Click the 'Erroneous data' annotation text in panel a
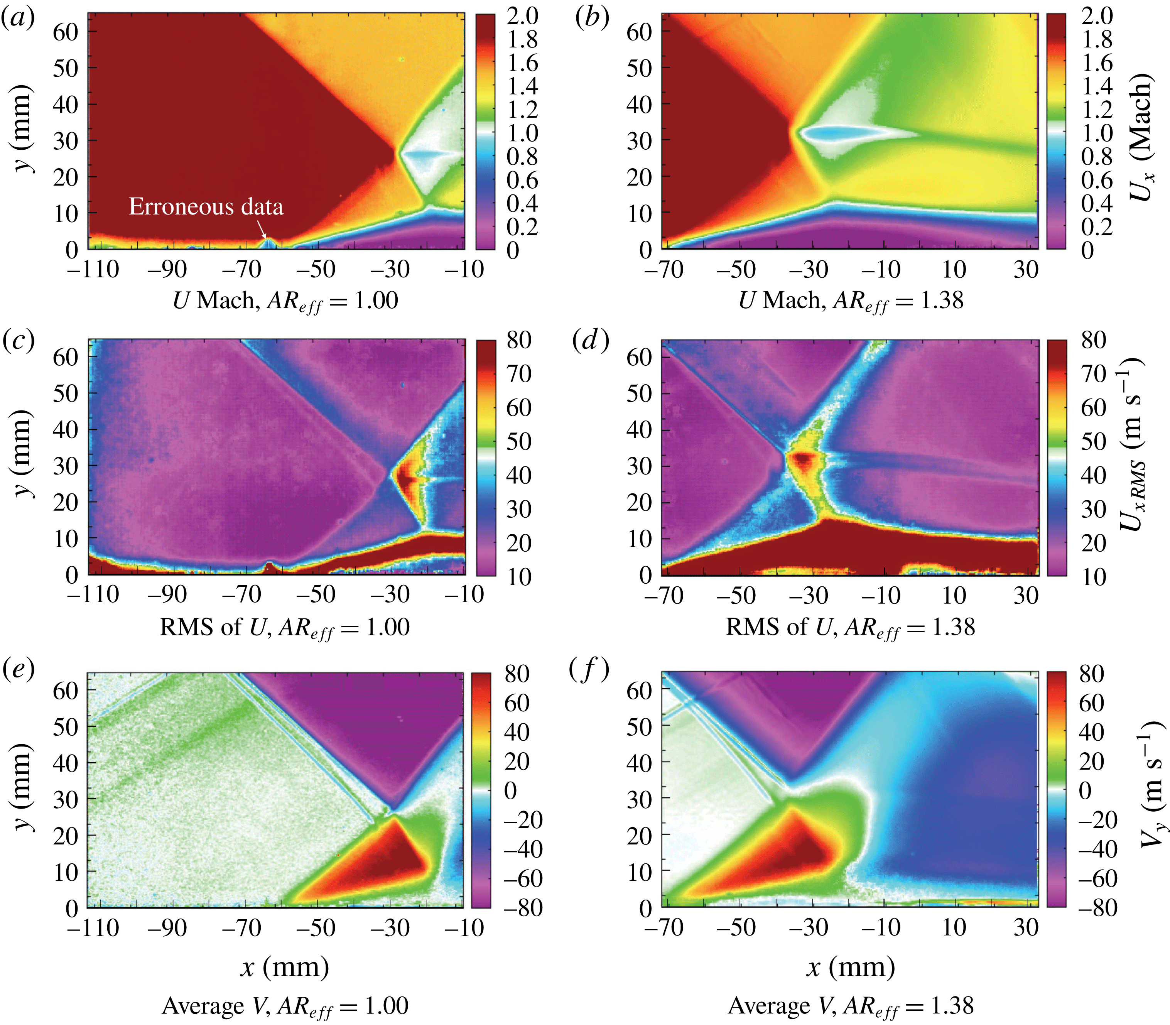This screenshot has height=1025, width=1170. click(x=206, y=206)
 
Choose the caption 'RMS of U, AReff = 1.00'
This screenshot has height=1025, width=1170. click(x=284, y=628)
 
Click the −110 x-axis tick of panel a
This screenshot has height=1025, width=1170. click(x=93, y=269)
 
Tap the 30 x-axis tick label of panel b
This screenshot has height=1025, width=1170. click(x=1026, y=269)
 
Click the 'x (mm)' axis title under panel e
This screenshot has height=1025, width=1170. click(x=284, y=968)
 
